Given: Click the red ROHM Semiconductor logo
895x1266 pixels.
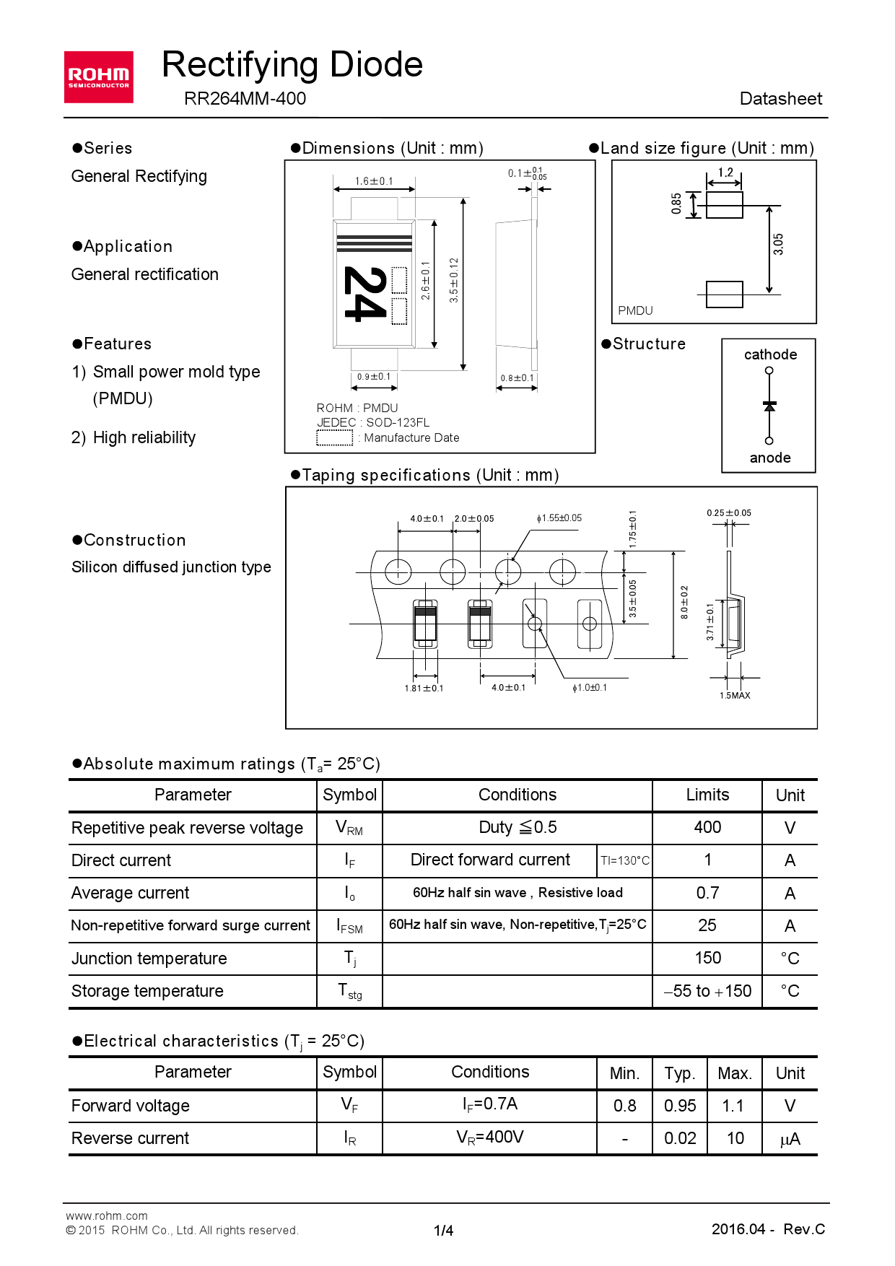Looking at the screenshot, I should point(98,77).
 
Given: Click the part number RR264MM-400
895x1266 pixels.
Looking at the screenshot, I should point(245,99).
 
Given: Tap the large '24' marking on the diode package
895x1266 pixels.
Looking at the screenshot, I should point(363,293).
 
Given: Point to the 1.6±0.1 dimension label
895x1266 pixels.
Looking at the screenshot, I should point(374,181).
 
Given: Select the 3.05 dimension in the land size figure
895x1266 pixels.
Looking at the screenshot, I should point(778,244).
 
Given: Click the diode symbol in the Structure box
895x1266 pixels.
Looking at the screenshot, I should point(769,406).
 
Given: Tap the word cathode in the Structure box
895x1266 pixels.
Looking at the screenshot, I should point(770,354).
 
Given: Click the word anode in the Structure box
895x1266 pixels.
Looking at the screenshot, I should point(770,458).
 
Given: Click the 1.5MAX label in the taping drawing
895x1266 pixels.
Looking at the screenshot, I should point(735,695).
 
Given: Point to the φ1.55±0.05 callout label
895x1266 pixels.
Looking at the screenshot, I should point(559,518).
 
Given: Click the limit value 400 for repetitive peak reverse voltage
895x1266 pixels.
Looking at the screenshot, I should point(707,827).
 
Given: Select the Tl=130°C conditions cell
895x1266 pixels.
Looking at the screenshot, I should point(625,860).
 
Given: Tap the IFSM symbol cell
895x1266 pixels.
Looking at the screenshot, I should point(349,926).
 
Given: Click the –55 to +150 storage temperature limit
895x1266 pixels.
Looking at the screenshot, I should point(707,991).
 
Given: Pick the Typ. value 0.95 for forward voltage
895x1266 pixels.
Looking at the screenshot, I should point(680,1106).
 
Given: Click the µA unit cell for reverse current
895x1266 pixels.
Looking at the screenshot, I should point(790,1139).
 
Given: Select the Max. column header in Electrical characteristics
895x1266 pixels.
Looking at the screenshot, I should point(735,1073).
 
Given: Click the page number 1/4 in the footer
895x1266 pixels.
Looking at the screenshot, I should point(443,1231).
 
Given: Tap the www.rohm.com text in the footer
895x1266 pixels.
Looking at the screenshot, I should point(107,1215).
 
